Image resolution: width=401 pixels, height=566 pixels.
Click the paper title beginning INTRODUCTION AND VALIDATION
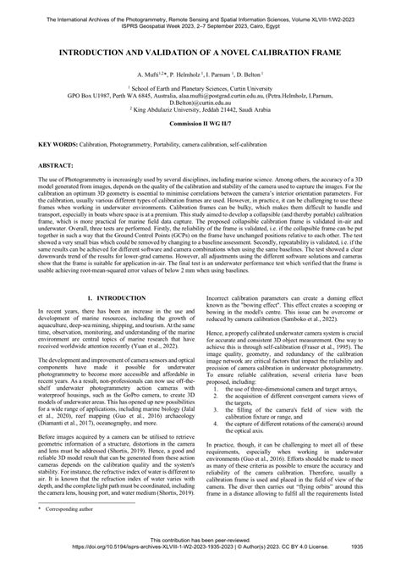click(200, 52)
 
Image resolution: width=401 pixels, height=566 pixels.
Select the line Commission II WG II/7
click(200, 125)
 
